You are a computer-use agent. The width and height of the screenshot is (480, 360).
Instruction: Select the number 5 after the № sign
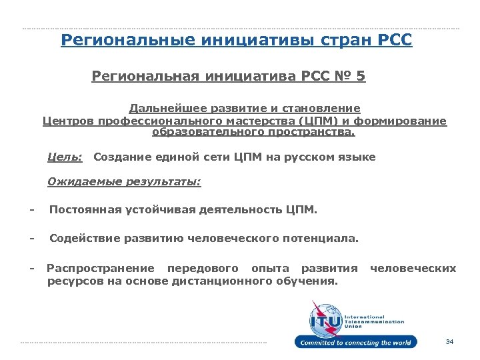pyautogui.click(x=361, y=77)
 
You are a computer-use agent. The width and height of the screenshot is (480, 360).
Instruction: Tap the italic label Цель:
pyautogui.click(x=65, y=157)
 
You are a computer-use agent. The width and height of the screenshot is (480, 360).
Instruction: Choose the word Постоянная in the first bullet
pyautogui.click(x=85, y=211)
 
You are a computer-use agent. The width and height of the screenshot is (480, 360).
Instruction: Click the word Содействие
pyautogui.click(x=83, y=238)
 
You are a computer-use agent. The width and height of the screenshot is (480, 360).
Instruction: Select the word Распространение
pyautogui.click(x=100, y=268)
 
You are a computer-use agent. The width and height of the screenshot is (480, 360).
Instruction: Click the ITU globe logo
pyautogui.click(x=325, y=319)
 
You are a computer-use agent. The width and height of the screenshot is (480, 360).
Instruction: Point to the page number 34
pyautogui.click(x=449, y=342)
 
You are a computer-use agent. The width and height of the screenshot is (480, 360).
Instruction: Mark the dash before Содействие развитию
pyautogui.click(x=31, y=238)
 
